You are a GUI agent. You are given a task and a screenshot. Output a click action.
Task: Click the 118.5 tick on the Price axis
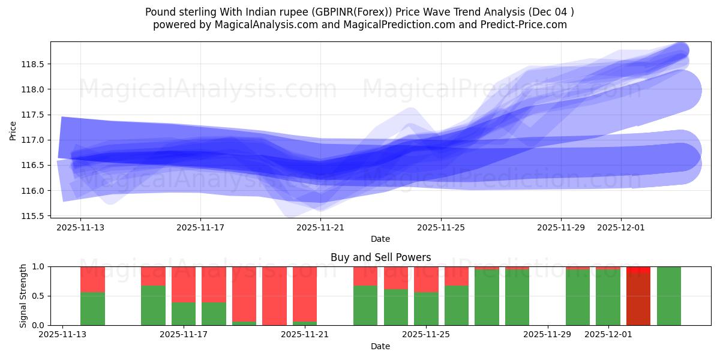tap(34, 64)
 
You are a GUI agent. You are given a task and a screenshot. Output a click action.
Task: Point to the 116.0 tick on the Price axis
tap(34, 191)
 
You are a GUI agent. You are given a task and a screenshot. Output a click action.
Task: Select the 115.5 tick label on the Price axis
tap(34, 216)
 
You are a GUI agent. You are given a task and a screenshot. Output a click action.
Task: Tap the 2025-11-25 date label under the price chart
tap(441, 227)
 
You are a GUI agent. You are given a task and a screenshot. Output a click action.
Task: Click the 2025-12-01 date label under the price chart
tap(621, 227)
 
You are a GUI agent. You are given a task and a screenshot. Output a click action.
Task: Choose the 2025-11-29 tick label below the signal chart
tap(548, 335)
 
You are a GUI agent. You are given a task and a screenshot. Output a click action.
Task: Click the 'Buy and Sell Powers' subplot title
tap(380, 257)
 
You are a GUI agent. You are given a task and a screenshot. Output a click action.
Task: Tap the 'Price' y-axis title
tap(13, 130)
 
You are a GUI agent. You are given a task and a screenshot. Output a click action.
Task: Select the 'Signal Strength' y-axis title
tap(23, 296)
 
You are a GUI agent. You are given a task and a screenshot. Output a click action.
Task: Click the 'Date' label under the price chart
tap(380, 239)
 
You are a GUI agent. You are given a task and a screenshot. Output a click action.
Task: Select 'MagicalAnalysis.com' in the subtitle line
tap(261, 25)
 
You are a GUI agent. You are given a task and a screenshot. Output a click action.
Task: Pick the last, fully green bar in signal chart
tap(669, 296)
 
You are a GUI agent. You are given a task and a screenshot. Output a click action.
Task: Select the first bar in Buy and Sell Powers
tap(92, 296)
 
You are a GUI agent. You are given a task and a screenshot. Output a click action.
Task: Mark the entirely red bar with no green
tap(274, 296)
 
